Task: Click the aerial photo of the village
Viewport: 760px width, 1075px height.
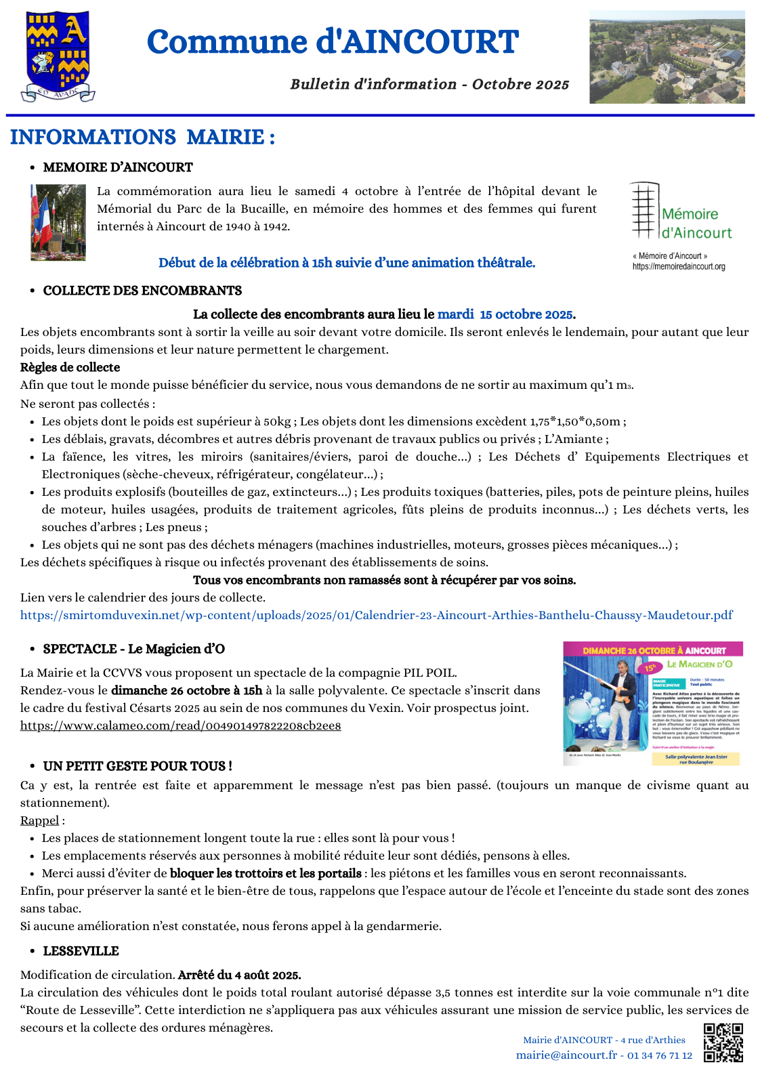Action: point(667,57)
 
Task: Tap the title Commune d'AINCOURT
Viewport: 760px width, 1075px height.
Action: point(333,42)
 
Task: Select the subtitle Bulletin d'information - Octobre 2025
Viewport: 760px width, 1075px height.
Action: point(429,85)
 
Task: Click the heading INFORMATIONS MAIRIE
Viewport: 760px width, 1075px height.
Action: point(142,138)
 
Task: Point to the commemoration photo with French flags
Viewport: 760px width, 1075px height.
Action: point(58,222)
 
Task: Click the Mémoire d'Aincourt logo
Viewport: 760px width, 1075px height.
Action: point(681,212)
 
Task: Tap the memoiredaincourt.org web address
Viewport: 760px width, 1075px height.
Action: point(678,267)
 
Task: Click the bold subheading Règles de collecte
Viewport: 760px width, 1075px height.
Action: point(70,367)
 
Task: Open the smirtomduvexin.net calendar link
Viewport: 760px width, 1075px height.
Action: point(376,615)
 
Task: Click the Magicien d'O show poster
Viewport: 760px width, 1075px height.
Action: point(652,703)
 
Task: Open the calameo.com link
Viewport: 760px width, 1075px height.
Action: point(180,725)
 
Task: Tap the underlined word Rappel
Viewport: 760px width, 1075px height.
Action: point(39,820)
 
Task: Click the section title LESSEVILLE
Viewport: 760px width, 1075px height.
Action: point(81,951)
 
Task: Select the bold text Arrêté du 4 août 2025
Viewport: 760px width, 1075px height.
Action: point(239,975)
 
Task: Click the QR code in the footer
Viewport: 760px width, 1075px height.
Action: point(723,1042)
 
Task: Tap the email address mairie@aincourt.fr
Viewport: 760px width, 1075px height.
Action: point(566,1055)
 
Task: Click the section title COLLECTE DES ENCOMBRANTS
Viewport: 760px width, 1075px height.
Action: point(142,291)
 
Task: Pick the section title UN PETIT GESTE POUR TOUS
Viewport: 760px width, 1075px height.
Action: point(137,766)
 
